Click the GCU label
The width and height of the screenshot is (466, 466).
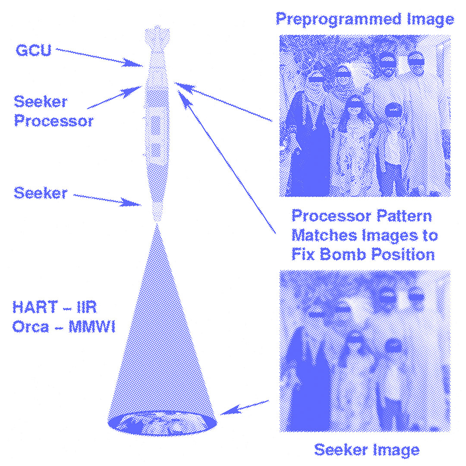pyautogui.click(x=34, y=50)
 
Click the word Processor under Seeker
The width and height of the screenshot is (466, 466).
pyautogui.click(x=54, y=121)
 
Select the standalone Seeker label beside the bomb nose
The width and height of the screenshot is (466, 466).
pyautogui.click(x=41, y=193)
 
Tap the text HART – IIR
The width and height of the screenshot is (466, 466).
pyautogui.click(x=54, y=308)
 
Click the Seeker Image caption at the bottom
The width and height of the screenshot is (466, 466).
pyautogui.click(x=366, y=450)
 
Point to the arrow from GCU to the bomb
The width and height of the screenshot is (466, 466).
pyautogui.click(x=99, y=57)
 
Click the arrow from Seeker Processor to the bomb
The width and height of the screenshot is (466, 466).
pyautogui.click(x=114, y=97)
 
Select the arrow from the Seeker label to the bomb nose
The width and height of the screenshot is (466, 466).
pyautogui.click(x=108, y=200)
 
